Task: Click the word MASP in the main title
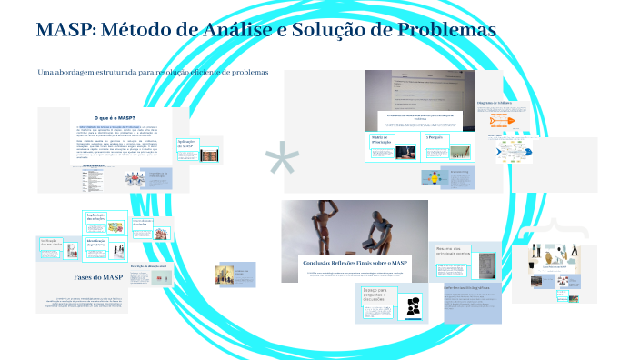tap(66, 30)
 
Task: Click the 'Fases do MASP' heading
tap(98, 276)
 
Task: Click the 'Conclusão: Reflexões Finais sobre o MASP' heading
tap(356, 262)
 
